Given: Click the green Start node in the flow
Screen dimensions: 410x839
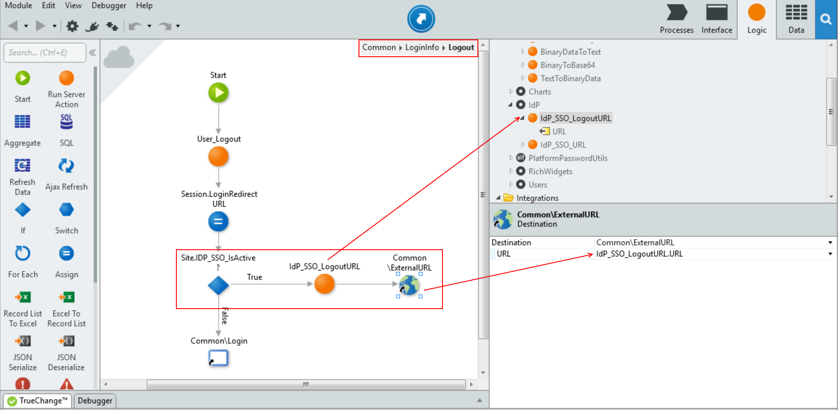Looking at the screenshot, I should point(218,93).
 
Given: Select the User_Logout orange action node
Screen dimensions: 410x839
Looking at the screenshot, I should point(218,157).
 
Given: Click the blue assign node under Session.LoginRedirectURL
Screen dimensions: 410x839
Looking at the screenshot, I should point(218,221).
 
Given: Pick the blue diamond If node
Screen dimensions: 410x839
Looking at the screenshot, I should point(218,286).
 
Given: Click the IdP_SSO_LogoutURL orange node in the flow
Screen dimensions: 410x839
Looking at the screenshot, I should point(324,284).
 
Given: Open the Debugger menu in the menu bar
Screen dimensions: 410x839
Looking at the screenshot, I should point(109,6).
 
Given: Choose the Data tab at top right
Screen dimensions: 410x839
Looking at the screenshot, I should point(796,19).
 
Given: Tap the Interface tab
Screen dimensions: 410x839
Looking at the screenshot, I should point(717,19).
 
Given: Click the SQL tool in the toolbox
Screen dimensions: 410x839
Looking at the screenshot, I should point(66,122).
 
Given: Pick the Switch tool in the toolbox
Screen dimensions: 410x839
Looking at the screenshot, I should point(66,210).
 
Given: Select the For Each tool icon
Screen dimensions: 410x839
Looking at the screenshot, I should point(23,254).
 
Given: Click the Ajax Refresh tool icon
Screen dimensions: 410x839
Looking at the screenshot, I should point(66,166).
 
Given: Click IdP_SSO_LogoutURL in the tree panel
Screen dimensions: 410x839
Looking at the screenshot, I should point(576,118).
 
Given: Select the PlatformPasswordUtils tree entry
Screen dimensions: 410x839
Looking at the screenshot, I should point(568,158).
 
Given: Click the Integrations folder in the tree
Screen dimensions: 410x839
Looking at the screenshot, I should point(537,198).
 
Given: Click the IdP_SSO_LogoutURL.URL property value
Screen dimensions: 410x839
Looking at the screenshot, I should point(639,254).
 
